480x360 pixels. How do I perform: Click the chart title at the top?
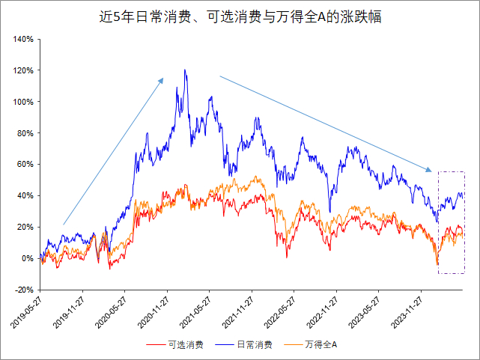pyautogui.click(x=240, y=16)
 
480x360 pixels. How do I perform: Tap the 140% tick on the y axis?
pyautogui.click(x=22, y=39)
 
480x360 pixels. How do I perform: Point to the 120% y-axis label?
pyautogui.click(x=22, y=70)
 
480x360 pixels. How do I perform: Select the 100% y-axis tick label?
pyautogui.click(x=22, y=102)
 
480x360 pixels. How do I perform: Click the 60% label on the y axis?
pyautogui.click(x=25, y=165)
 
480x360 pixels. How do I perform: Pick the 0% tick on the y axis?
pyautogui.click(x=27, y=258)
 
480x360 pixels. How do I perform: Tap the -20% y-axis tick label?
pyautogui.click(x=23, y=290)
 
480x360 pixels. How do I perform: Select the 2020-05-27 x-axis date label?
pyautogui.click(x=111, y=314)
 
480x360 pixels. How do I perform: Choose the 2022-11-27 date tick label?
pyautogui.click(x=323, y=314)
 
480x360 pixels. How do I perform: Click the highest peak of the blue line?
pyautogui.click(x=184, y=70)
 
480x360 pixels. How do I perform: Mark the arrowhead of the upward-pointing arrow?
pyautogui.click(x=162, y=77)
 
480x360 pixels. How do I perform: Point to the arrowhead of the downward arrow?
pyautogui.click(x=432, y=171)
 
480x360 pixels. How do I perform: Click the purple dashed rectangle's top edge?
pyautogui.click(x=451, y=172)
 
